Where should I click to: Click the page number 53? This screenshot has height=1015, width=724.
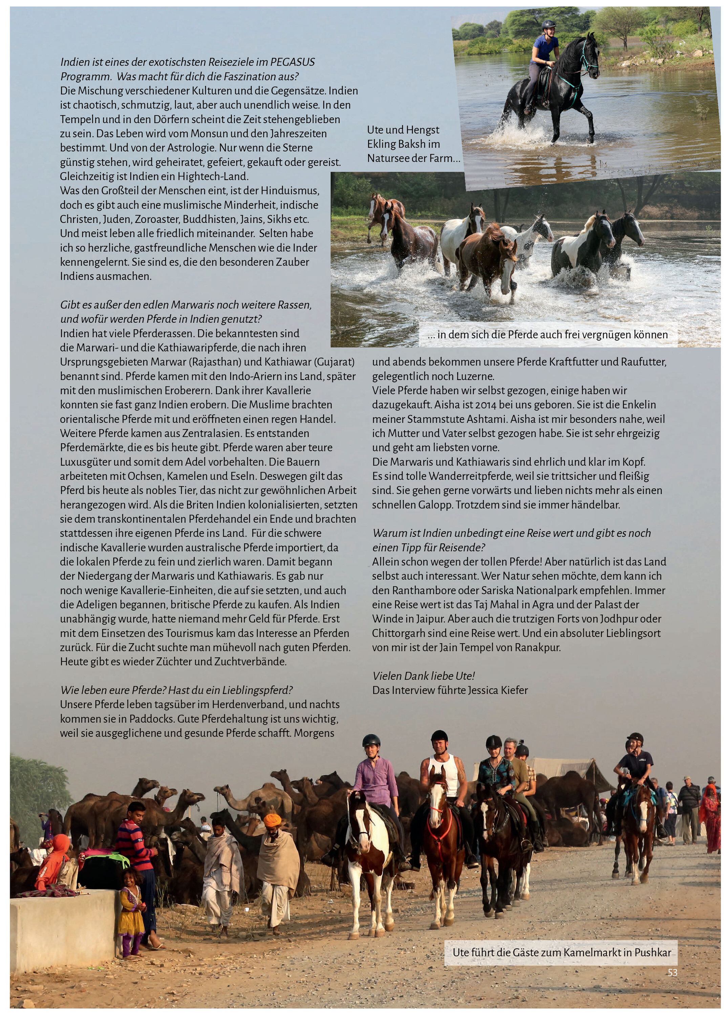(672, 972)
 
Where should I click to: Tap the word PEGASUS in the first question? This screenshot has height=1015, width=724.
(293, 62)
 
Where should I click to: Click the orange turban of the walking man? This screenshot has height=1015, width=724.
(272, 818)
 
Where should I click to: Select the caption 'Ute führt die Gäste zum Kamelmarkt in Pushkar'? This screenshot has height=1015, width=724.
(561, 952)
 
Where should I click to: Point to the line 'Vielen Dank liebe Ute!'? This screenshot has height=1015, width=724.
(424, 676)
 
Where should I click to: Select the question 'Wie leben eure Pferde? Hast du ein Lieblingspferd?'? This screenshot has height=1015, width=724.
(176, 690)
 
